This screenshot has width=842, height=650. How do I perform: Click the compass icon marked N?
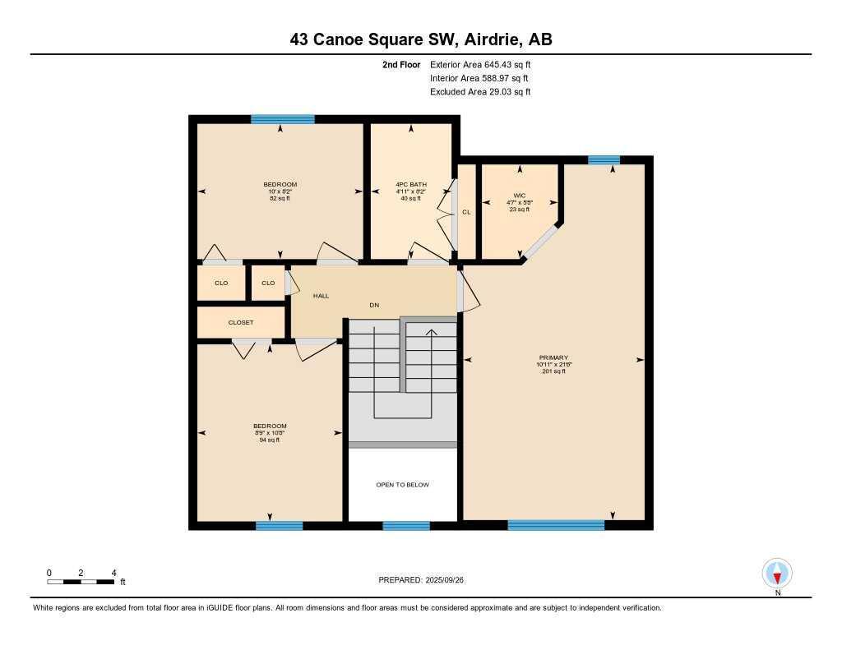coord(777,573)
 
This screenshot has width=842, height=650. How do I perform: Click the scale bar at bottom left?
coord(81,582)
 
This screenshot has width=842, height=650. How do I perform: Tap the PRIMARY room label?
coord(553,357)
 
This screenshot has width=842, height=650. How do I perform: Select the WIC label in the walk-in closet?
coord(519,194)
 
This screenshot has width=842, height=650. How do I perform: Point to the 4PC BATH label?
coord(410,184)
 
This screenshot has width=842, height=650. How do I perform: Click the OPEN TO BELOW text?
coord(402,485)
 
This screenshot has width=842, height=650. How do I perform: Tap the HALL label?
coord(321,295)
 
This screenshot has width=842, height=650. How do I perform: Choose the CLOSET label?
coord(241,322)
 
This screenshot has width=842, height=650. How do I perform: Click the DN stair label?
coord(374,305)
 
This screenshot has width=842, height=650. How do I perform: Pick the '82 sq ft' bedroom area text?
coord(280,199)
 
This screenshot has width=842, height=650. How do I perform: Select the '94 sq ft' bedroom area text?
coord(269,440)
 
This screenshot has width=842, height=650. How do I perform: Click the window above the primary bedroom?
coord(604,160)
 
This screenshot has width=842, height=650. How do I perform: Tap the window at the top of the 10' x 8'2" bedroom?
coord(282,119)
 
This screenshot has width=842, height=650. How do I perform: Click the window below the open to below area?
coord(406,526)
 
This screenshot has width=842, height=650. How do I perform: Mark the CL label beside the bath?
coord(466,212)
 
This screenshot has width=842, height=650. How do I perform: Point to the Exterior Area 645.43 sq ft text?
coord(485,64)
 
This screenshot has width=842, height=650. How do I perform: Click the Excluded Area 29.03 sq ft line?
coord(480,92)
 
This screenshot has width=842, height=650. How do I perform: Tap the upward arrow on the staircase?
coord(430,332)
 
